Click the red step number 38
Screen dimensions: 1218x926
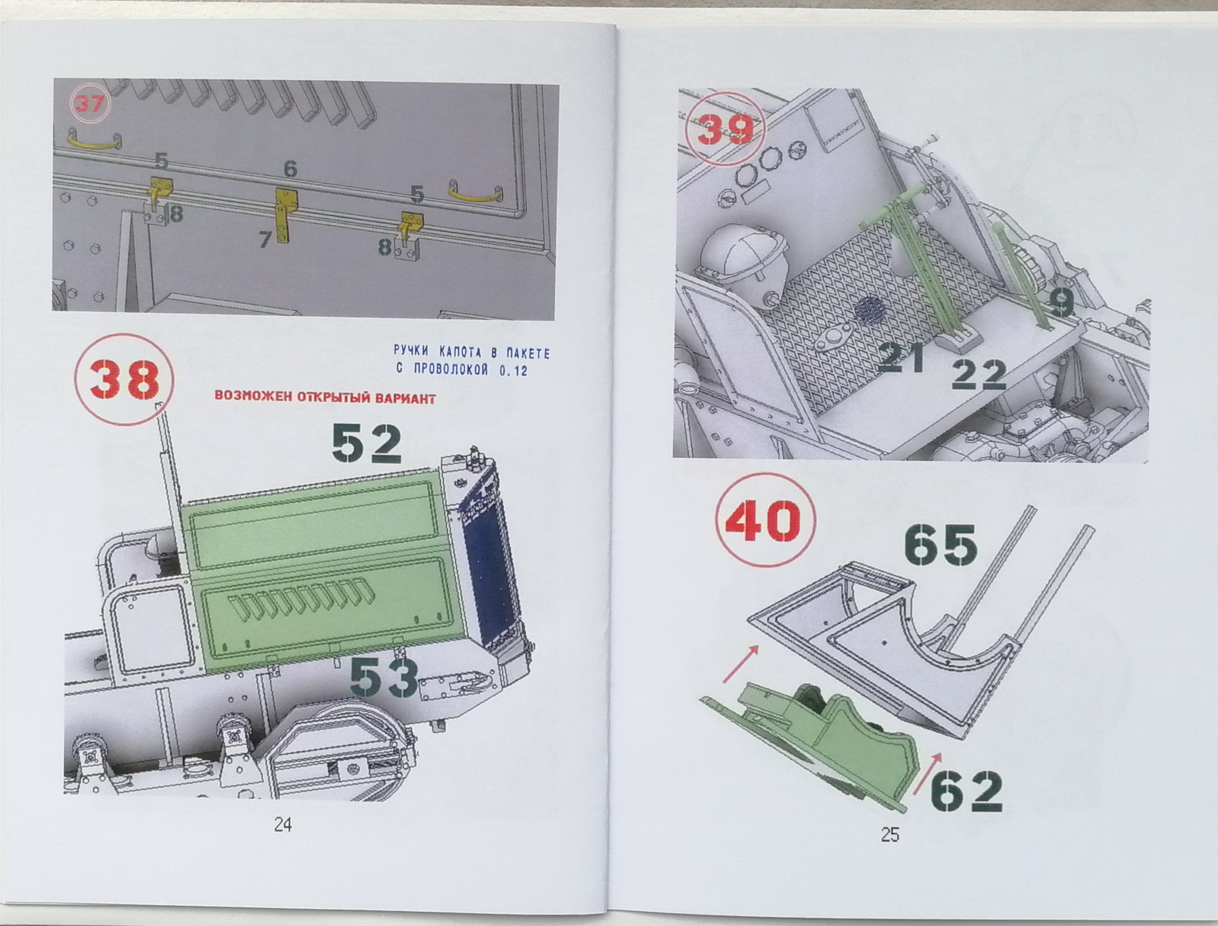point(125,381)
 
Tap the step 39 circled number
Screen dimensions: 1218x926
point(725,129)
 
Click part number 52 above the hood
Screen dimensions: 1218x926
point(367,443)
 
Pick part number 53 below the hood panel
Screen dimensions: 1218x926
point(384,678)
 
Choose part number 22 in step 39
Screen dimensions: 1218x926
point(978,374)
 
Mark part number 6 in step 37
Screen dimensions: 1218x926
point(290,168)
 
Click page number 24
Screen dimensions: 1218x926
point(283,825)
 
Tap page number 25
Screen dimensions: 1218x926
point(890,835)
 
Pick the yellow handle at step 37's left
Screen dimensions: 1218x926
point(94,143)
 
